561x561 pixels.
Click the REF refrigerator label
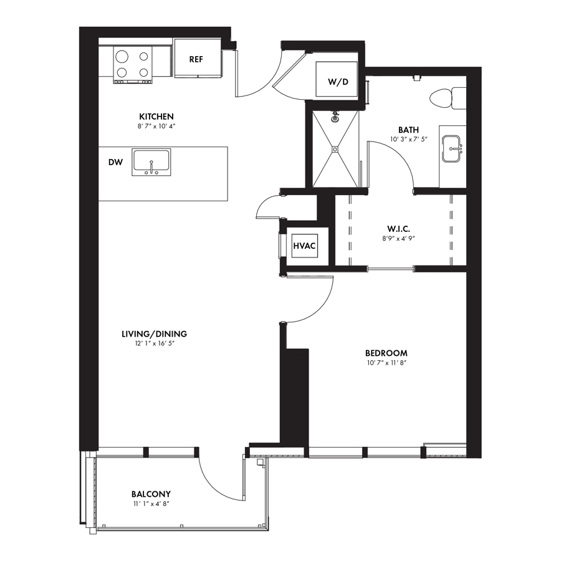coord(196,59)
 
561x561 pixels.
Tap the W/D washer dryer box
coord(337,79)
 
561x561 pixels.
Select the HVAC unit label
coord(304,246)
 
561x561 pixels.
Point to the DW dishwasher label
coord(115,163)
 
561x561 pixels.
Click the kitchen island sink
coord(151,163)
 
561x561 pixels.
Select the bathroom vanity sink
coord(452,148)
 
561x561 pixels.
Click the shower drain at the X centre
coord(335,149)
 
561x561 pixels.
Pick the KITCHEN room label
coord(156,117)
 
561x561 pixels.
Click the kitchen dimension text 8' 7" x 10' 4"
coord(156,127)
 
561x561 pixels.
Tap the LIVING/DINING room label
coord(154,334)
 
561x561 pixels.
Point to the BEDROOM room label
coord(386,353)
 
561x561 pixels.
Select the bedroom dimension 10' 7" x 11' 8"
coord(386,363)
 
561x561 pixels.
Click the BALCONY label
coord(151,494)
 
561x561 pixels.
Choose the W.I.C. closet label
coord(398,229)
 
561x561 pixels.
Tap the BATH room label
coord(408,130)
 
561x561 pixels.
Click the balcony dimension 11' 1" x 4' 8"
coord(151,504)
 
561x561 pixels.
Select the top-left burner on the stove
coord(122,57)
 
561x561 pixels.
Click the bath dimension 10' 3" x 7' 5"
coord(408,139)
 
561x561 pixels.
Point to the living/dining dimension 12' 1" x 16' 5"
coord(154,343)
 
